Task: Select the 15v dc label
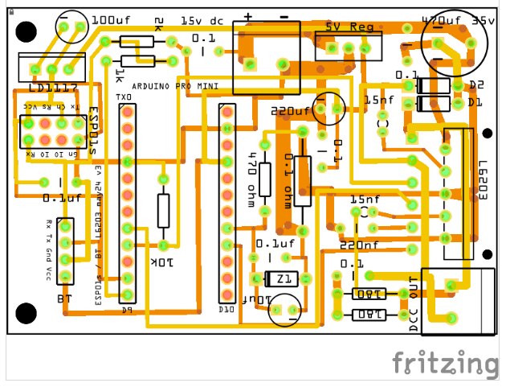pos(202,20)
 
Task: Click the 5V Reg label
pos(350,27)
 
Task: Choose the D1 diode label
pos(475,103)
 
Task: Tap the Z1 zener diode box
pos(281,279)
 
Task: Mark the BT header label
pos(65,299)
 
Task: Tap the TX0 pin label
pos(126,98)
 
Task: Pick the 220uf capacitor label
pos(290,111)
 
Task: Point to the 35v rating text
pos(483,20)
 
